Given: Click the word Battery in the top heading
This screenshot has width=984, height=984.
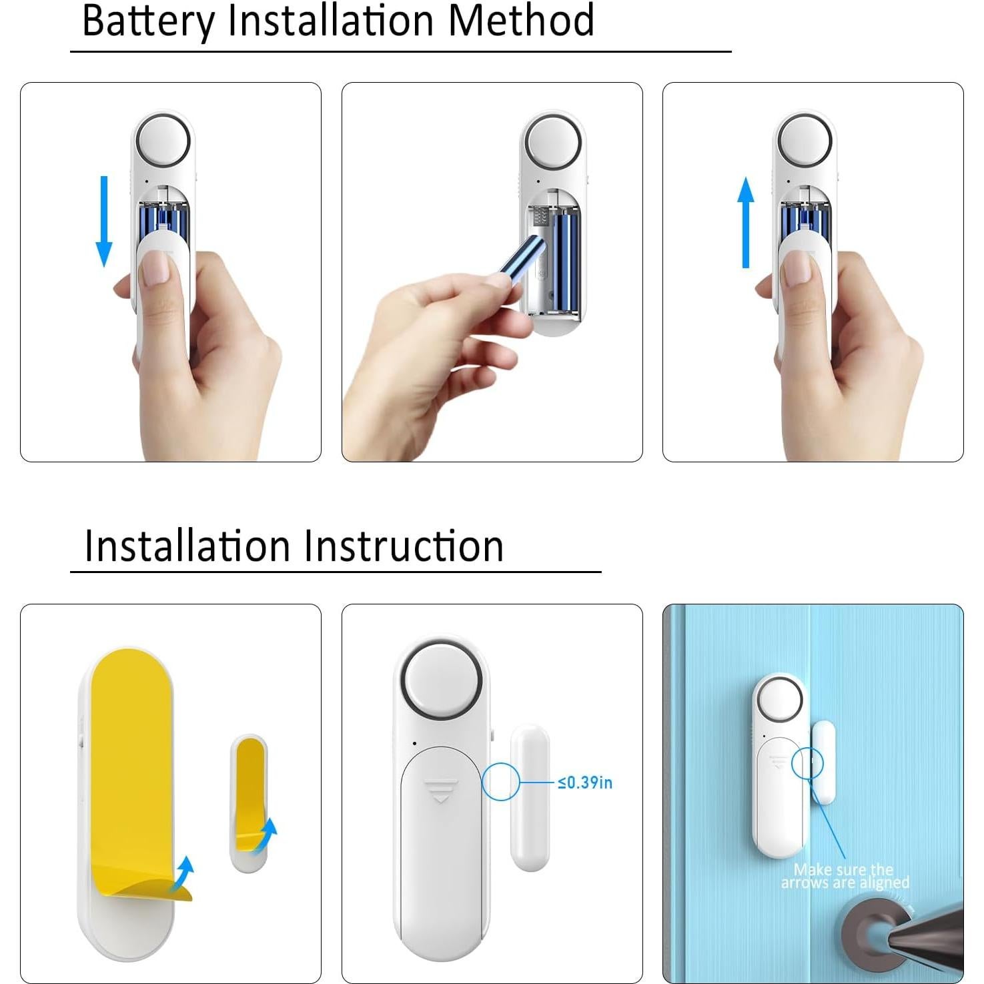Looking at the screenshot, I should (x=147, y=21).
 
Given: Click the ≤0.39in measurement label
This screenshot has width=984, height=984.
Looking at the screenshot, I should (x=585, y=783).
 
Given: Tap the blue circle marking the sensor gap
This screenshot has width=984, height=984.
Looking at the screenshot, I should (x=500, y=782).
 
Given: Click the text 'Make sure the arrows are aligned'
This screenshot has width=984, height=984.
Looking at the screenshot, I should (x=845, y=876).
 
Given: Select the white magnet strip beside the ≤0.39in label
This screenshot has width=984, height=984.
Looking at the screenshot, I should (x=530, y=798).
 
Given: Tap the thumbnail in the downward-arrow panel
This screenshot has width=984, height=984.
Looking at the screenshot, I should (x=155, y=270).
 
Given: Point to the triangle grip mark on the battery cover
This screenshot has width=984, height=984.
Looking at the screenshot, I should (x=440, y=790).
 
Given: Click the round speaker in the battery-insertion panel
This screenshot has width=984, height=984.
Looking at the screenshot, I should (x=553, y=143).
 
